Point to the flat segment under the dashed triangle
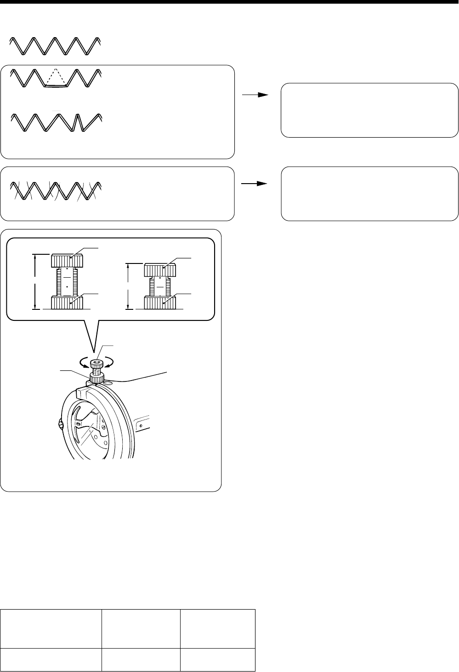coord(56,85)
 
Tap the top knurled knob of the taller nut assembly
coord(67,261)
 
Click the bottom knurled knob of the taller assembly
coord(67,303)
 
